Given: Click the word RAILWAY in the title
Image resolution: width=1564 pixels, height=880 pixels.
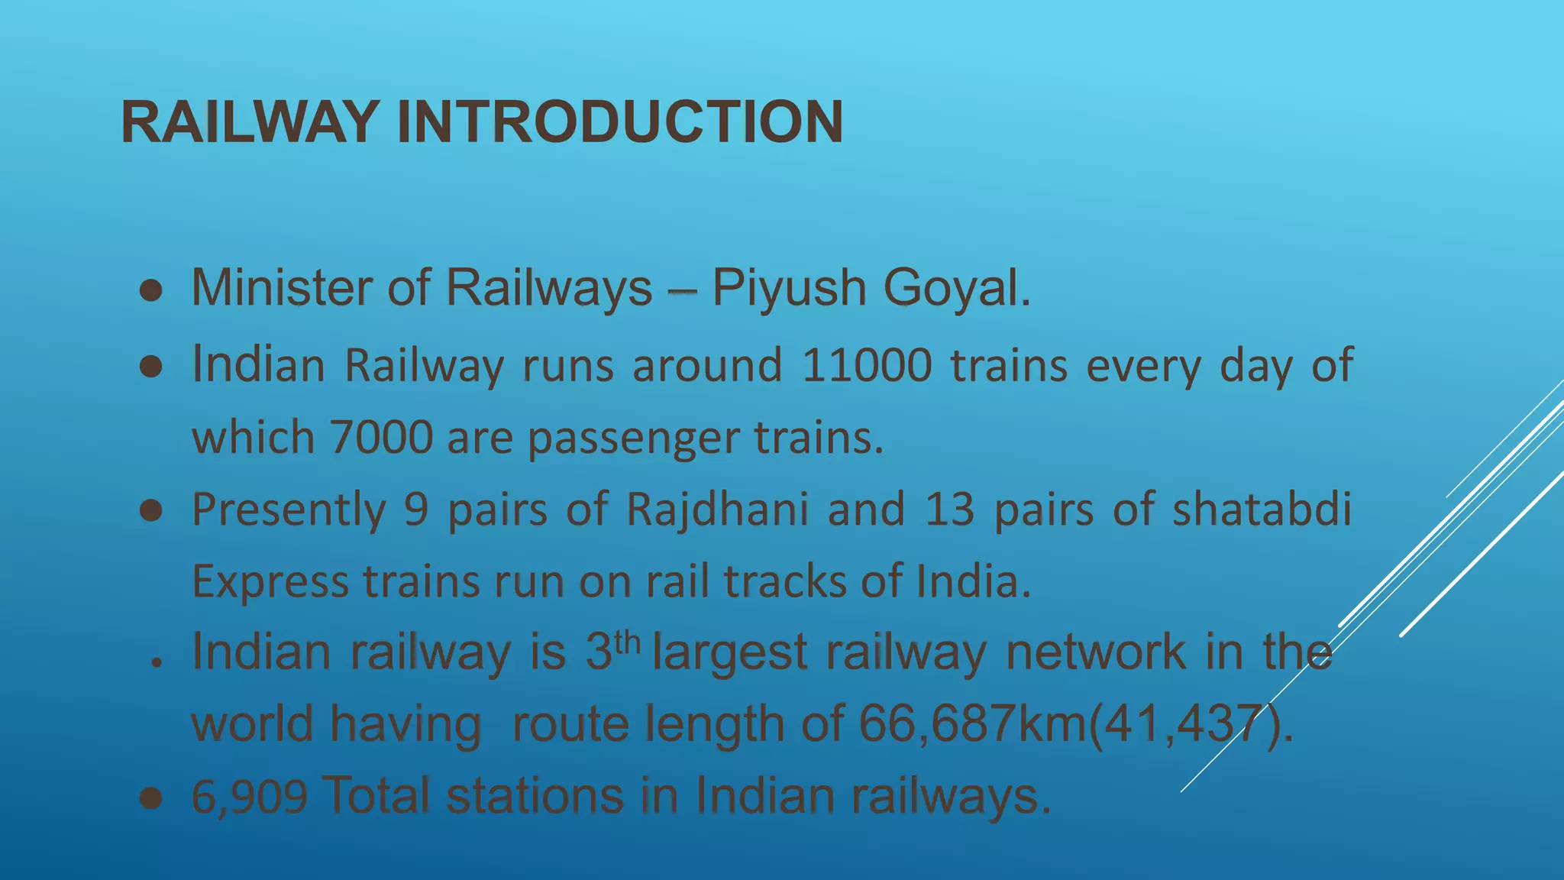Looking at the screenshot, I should pyautogui.click(x=250, y=122).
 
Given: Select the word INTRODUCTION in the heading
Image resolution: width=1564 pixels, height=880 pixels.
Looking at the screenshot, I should pyautogui.click(x=619, y=122).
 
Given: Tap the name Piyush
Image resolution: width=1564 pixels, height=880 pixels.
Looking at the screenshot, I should pyautogui.click(x=789, y=289).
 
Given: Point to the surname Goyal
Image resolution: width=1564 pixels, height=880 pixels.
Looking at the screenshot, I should pyautogui.click(x=956, y=289).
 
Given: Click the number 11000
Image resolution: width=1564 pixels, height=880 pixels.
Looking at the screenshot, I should pyautogui.click(x=867, y=364).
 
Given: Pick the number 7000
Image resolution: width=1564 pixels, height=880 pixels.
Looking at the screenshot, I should pyautogui.click(x=381, y=437).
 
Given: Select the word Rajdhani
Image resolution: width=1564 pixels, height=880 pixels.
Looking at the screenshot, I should pyautogui.click(x=717, y=509).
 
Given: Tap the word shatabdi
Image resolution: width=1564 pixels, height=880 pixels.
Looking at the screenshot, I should pyautogui.click(x=1262, y=509).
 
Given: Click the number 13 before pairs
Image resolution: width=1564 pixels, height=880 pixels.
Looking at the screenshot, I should pyautogui.click(x=950, y=509).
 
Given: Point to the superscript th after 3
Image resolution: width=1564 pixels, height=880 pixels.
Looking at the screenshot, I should pyautogui.click(x=627, y=642).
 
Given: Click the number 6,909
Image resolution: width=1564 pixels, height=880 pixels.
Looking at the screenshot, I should pyautogui.click(x=249, y=796).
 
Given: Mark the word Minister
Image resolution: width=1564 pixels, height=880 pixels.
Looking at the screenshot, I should pyautogui.click(x=280, y=289).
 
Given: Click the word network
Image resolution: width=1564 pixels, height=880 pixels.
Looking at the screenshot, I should pyautogui.click(x=1096, y=652).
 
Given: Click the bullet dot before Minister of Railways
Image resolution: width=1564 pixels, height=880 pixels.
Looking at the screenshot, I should pyautogui.click(x=151, y=291).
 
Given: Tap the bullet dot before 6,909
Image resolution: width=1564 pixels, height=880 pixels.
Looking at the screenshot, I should pyautogui.click(x=151, y=799).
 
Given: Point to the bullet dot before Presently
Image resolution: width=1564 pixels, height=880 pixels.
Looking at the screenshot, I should pyautogui.click(x=151, y=511).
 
